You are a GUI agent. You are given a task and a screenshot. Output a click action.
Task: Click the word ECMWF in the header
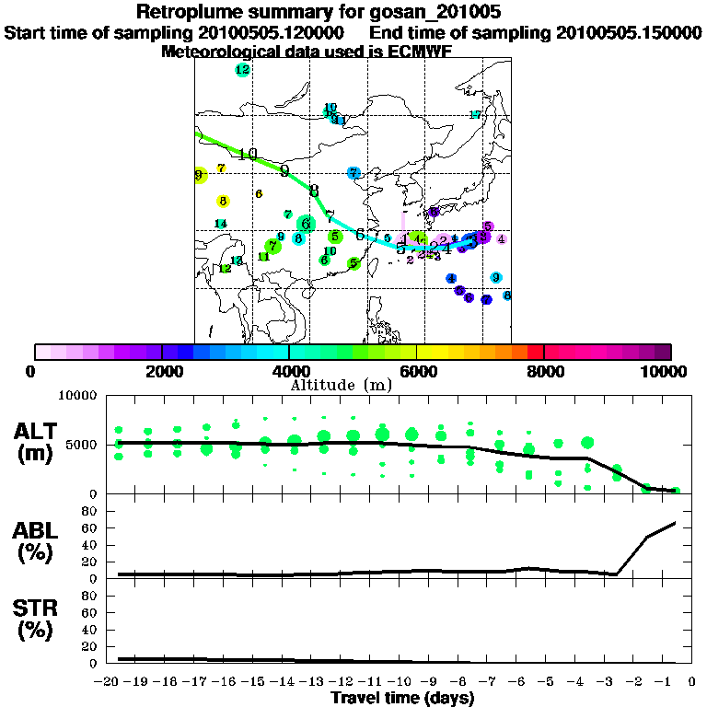coord(419,52)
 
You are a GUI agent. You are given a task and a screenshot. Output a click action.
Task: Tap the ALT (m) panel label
coord(38,441)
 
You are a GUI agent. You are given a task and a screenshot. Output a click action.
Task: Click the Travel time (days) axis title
coord(402,698)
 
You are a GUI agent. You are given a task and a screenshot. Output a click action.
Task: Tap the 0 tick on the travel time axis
coord(691,682)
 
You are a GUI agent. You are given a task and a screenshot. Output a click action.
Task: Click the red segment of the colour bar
coord(535,352)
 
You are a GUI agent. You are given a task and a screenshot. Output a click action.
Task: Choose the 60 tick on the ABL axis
coord(91,527)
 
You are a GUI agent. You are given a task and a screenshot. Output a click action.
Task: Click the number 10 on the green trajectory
coord(248,154)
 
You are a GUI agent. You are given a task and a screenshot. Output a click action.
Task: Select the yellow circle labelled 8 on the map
coord(223,201)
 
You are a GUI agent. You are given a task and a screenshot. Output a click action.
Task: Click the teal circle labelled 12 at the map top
coord(242,69)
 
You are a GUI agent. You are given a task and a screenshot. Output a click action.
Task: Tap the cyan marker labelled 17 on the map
coord(476,115)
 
